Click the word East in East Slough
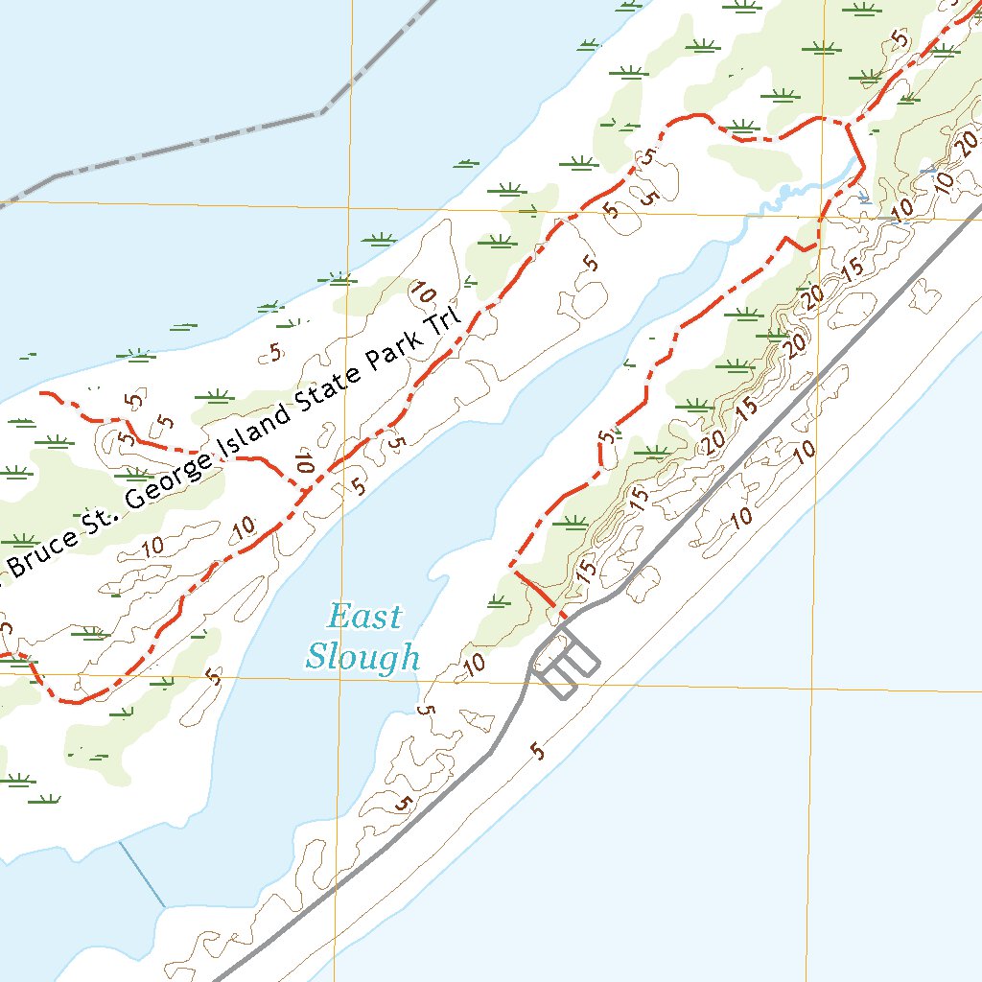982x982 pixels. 364,617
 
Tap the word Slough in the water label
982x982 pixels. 362,657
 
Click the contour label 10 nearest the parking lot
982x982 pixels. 474,662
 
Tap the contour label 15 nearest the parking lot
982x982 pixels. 587,567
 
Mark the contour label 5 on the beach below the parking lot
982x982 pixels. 539,751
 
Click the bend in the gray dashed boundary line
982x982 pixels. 321,113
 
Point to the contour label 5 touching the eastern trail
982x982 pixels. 606,437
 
